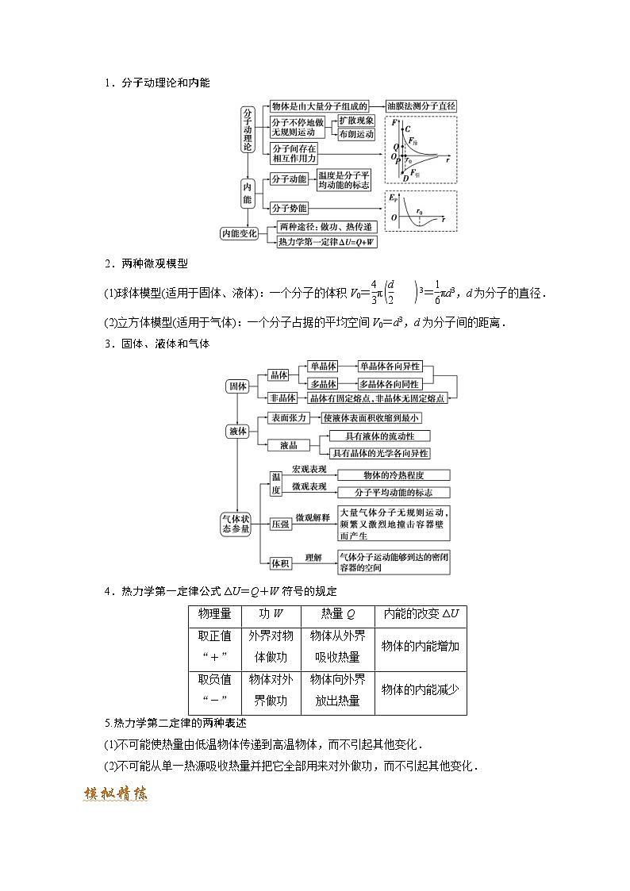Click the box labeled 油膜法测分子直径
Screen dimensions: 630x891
421,106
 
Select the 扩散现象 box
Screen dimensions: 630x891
356,121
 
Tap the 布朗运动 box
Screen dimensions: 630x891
356,135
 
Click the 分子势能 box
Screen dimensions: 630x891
289,208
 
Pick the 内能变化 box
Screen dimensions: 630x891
239,233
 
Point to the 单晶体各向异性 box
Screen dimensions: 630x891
390,366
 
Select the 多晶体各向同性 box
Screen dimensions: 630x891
390,382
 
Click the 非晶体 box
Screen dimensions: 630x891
282,397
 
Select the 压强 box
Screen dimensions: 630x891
279,524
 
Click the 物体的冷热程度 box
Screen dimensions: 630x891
394,475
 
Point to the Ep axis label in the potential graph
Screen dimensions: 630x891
393,197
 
